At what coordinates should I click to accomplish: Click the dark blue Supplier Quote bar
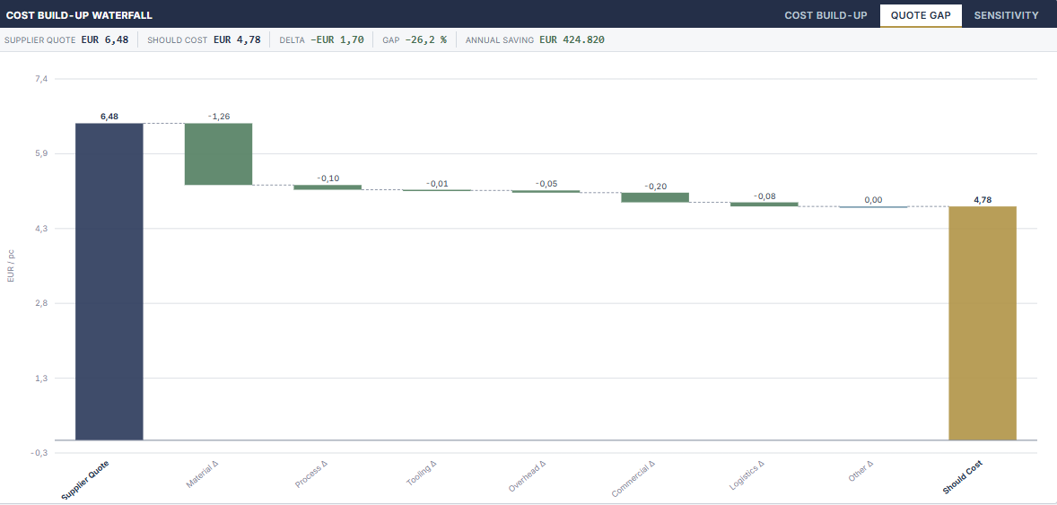[109, 282]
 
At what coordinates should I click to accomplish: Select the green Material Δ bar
[218, 153]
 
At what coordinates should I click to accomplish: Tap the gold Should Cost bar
[983, 323]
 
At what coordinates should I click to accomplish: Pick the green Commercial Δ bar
[655, 197]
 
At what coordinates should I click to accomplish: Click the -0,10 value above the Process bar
[328, 178]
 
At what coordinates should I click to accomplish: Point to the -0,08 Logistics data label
[764, 196]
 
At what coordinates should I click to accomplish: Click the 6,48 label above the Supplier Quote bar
[109, 117]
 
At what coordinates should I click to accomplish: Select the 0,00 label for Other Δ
[873, 200]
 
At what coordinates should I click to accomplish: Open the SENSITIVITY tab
[1006, 15]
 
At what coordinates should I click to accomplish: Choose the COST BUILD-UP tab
[826, 15]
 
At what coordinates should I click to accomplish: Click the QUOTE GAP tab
[921, 15]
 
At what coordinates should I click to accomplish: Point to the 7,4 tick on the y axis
[42, 79]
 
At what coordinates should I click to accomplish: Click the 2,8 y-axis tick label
[42, 303]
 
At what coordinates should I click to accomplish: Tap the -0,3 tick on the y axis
[39, 452]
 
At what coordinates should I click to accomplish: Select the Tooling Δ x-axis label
[422, 474]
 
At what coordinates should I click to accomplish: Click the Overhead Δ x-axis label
[527, 476]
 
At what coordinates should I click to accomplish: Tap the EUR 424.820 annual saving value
[572, 39]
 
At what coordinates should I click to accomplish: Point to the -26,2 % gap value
[425, 39]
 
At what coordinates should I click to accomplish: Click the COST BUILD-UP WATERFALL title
[79, 15]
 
